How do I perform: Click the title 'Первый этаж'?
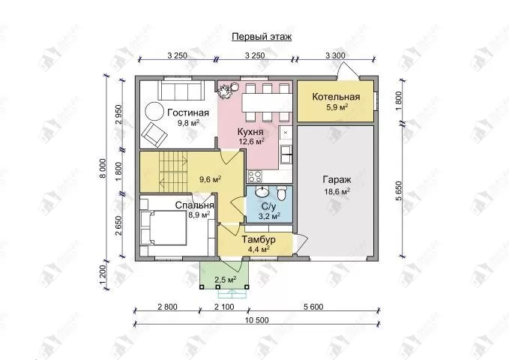pos(262,37)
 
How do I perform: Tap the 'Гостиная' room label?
pos(188,112)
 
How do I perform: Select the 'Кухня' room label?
pos(250,132)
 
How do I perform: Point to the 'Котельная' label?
pos(336,97)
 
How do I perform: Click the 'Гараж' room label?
pos(337,180)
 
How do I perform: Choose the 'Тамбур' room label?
pos(259,239)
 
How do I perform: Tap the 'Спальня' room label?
pos(194,205)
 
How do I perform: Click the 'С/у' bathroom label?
pos(269,207)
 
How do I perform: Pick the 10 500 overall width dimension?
pos(257,320)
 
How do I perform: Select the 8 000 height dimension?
pos(103,169)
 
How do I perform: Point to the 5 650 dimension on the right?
pos(399,191)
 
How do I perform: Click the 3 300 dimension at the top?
pos(335,55)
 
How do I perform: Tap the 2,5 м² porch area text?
pos(226,280)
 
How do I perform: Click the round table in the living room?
pos(154,112)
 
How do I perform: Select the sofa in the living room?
pos(181,90)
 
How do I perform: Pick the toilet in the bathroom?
pos(281,193)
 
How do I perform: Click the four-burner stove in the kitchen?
pos(255,176)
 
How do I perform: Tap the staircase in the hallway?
pos(173,172)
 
